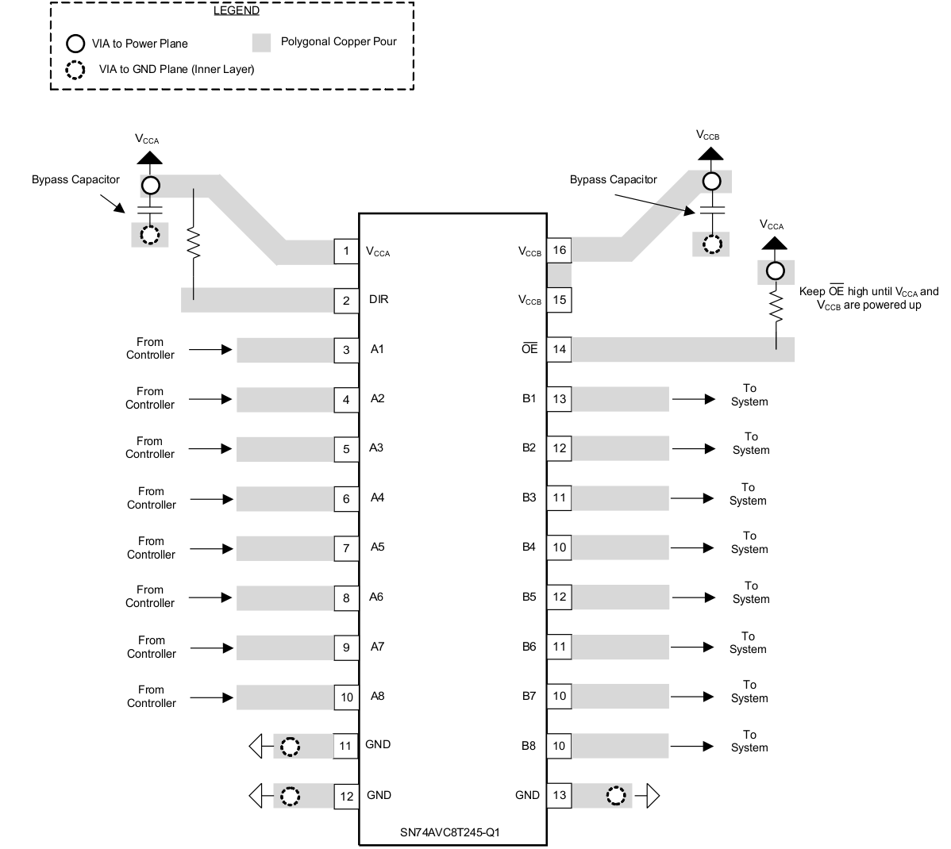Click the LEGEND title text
pos(236,10)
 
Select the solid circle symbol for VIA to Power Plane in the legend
pos(75,44)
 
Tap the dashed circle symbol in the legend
pos(75,70)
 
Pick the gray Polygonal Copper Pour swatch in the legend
pos(262,43)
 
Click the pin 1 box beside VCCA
pos(346,252)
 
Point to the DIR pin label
pos(379,300)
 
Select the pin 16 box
pos(560,251)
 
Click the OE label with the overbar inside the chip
pos(529,348)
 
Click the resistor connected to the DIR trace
pos(192,244)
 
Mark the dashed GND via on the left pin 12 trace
pos(291,796)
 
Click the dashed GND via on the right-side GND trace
pos(616,795)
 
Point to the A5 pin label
pos(378,547)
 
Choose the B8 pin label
pos(529,746)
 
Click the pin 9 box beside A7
pos(346,647)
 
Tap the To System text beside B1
pos(749,395)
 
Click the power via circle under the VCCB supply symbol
pos(711,181)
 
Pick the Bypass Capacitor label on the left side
pos(75,179)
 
